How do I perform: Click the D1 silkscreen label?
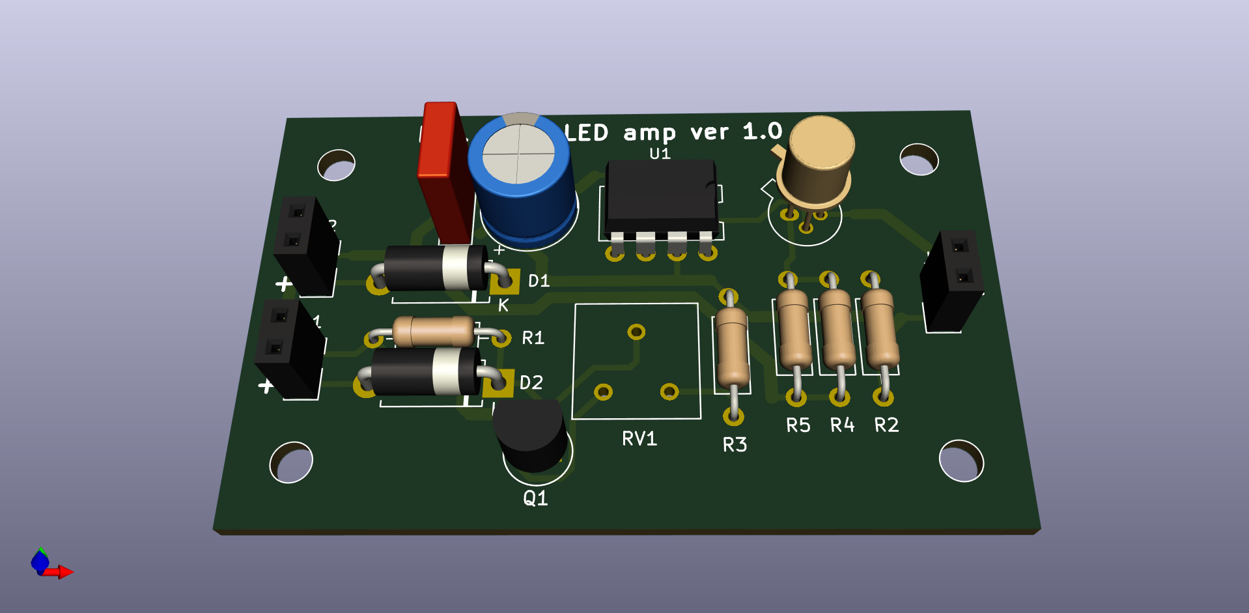539,281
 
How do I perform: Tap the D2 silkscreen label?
531,382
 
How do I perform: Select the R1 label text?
533,337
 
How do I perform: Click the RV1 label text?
639,438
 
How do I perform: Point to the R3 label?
735,445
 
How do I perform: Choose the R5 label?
798,425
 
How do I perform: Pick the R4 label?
842,425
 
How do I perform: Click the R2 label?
886,425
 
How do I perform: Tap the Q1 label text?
535,498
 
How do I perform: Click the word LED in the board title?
587,133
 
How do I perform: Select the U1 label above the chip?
660,154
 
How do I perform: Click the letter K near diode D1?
503,306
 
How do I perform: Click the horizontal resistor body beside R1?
433,332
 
